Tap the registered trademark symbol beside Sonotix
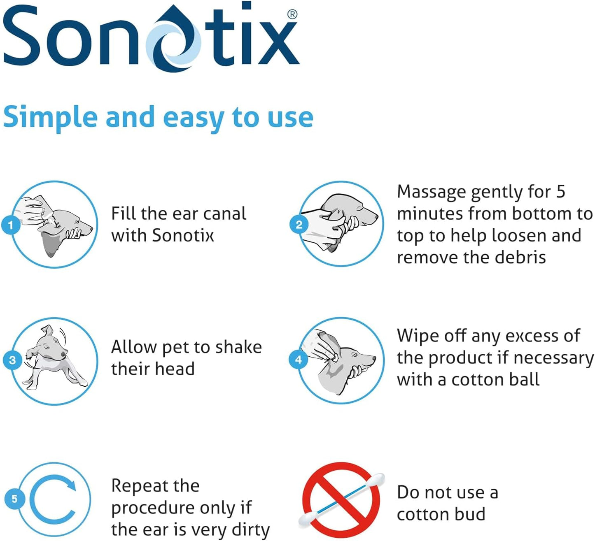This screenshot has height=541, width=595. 292,14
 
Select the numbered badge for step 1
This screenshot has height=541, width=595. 11,225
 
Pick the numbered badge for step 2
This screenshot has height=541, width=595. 299,225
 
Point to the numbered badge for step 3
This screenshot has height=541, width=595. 12,360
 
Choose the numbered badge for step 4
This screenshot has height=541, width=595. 299,360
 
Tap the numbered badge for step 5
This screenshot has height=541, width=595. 14,499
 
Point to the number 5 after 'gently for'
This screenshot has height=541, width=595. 560,192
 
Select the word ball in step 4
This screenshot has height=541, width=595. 524,379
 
